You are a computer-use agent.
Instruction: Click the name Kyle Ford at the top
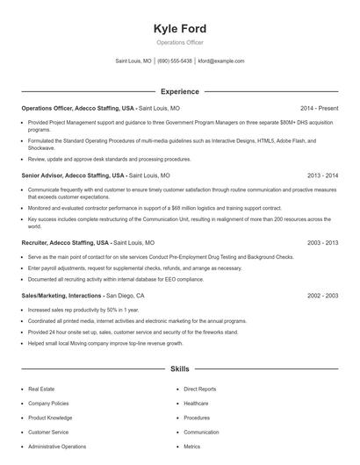[x=180, y=29]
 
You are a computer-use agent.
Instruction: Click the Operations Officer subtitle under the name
[x=180, y=43]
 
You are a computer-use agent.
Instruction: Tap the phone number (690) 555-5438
[x=175, y=61]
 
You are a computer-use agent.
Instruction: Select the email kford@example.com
[x=221, y=61]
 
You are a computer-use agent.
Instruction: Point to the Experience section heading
[x=180, y=91]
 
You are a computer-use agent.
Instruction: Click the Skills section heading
[x=180, y=369]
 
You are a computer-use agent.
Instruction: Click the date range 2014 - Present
[x=319, y=108]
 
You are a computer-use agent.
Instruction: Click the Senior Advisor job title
[x=43, y=175]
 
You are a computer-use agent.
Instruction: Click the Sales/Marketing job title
[x=46, y=296]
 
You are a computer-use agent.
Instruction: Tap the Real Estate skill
[x=41, y=388]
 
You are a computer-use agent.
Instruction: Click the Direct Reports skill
[x=200, y=388]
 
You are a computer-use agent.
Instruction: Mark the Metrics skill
[x=192, y=447]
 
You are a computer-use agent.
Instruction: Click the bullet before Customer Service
[x=22, y=433]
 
